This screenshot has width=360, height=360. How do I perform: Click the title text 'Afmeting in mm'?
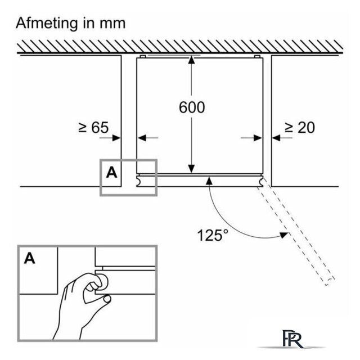click(x=71, y=24)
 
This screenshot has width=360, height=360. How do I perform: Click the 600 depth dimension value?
click(x=192, y=107)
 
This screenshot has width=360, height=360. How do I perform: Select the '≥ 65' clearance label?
click(x=93, y=128)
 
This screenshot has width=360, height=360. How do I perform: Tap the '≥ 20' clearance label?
click(x=300, y=128)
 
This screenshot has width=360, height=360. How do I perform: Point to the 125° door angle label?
click(x=213, y=235)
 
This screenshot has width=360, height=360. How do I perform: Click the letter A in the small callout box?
click(x=112, y=173)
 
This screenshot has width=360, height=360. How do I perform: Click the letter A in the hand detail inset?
click(x=30, y=259)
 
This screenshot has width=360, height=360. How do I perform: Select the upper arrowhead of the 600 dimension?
click(x=191, y=60)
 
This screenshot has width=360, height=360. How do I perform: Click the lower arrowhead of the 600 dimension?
click(x=191, y=169)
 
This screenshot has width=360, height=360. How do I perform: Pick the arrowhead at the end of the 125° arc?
click(x=283, y=235)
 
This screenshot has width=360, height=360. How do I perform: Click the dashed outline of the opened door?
click(x=296, y=231)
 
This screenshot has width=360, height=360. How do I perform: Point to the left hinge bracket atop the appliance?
click(x=143, y=56)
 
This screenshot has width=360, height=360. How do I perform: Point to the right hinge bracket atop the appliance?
click(x=258, y=56)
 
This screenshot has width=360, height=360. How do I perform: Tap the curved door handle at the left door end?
click(x=139, y=181)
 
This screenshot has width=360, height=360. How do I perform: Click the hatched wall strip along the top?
click(x=180, y=47)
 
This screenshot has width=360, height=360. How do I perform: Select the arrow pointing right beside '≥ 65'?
click(x=110, y=138)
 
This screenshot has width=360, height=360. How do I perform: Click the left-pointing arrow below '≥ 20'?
click(x=282, y=138)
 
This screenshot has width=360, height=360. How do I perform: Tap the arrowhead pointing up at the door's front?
click(x=209, y=181)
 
